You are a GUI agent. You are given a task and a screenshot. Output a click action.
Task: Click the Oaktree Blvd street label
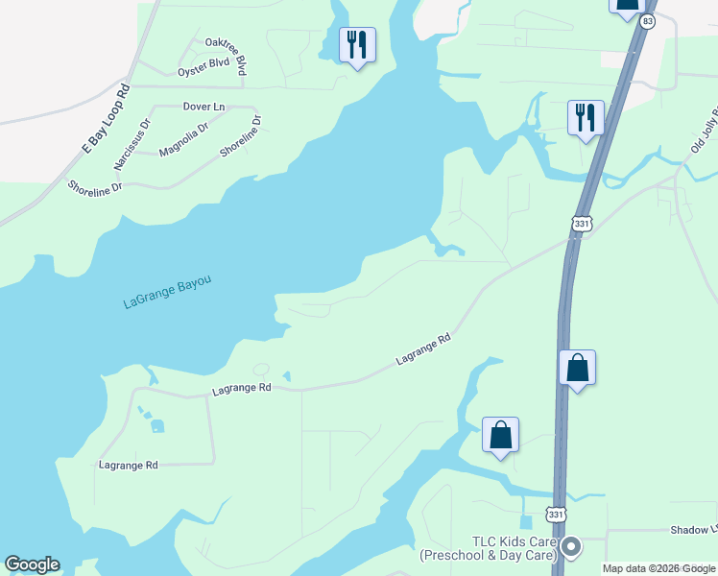click(227, 54)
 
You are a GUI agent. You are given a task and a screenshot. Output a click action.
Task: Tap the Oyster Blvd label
click(203, 67)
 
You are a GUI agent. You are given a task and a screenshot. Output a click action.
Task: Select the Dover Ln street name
click(203, 107)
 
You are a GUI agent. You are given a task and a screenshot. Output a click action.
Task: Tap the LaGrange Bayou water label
click(167, 292)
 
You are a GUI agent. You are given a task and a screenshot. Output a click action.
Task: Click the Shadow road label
click(693, 530)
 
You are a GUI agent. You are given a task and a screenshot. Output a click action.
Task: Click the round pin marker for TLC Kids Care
click(571, 547)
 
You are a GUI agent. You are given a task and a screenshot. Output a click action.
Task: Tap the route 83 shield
click(649, 21)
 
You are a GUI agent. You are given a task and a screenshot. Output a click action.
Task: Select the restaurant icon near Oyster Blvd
click(357, 44)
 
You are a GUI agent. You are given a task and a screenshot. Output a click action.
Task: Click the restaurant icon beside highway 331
click(586, 118)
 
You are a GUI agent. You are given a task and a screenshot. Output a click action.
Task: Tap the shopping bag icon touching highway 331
click(577, 368)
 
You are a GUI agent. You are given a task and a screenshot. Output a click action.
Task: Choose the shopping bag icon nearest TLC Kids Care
click(500, 435)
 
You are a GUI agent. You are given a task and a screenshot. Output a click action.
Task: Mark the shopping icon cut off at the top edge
click(626, 5)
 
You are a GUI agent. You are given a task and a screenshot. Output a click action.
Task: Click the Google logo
click(32, 564)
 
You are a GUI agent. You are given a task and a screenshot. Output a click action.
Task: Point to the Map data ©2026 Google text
click(659, 568)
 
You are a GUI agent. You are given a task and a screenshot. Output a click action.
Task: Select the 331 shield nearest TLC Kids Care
click(556, 515)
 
